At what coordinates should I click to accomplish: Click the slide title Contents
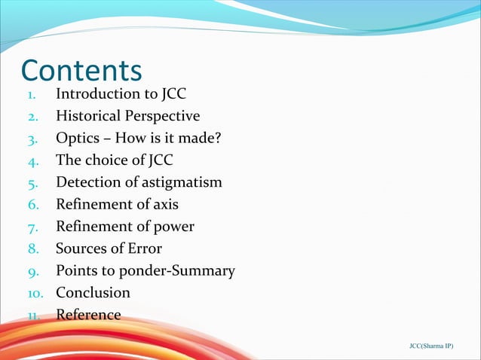tap(81, 70)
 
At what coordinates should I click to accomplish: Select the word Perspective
tap(162, 117)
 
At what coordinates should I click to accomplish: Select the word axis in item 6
tap(164, 204)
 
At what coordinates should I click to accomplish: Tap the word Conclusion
tap(93, 292)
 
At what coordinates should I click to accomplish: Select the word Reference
tap(88, 314)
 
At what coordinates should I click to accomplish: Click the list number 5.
tap(33, 183)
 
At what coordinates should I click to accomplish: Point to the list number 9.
tap(33, 271)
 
